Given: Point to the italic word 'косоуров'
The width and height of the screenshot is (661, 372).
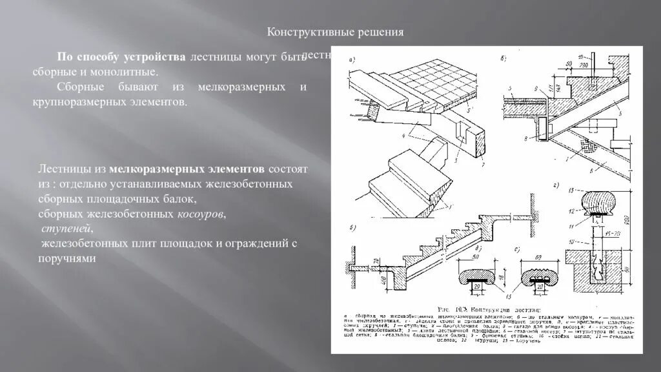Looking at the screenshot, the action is coord(201,214).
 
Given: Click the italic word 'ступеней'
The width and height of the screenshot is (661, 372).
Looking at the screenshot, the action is coord(66,229).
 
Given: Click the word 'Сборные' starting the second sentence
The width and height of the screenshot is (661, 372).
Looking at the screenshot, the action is coord(75,87).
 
